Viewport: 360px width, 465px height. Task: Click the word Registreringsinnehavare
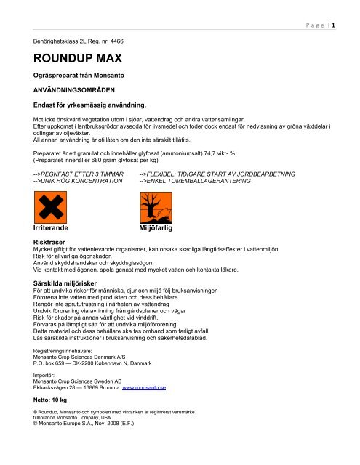[60, 351]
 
